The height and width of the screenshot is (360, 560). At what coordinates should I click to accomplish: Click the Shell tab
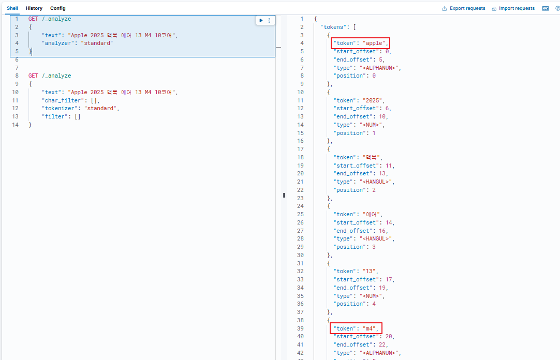[x=12, y=8]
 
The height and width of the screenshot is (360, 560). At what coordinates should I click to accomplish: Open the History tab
[x=34, y=8]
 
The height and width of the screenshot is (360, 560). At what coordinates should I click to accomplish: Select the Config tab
[x=58, y=8]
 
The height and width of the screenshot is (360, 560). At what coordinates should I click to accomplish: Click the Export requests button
[x=464, y=8]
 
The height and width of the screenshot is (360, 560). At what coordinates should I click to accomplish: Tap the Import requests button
[x=513, y=8]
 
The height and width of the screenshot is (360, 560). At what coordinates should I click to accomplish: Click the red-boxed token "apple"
[x=360, y=43]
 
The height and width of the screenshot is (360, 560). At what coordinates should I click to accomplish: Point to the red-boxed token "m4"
[x=356, y=328]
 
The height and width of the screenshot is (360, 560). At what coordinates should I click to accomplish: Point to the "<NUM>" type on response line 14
[x=372, y=125]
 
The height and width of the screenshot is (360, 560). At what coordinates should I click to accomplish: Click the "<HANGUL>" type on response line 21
[x=377, y=182]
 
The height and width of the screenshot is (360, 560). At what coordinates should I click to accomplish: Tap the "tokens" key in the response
[x=334, y=27]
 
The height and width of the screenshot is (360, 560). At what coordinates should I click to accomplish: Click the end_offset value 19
[x=382, y=288]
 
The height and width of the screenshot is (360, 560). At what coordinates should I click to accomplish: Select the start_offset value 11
[x=389, y=166]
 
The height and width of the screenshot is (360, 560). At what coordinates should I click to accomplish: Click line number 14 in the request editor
[x=15, y=125]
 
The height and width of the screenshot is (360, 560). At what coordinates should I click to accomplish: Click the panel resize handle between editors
[x=284, y=195]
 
